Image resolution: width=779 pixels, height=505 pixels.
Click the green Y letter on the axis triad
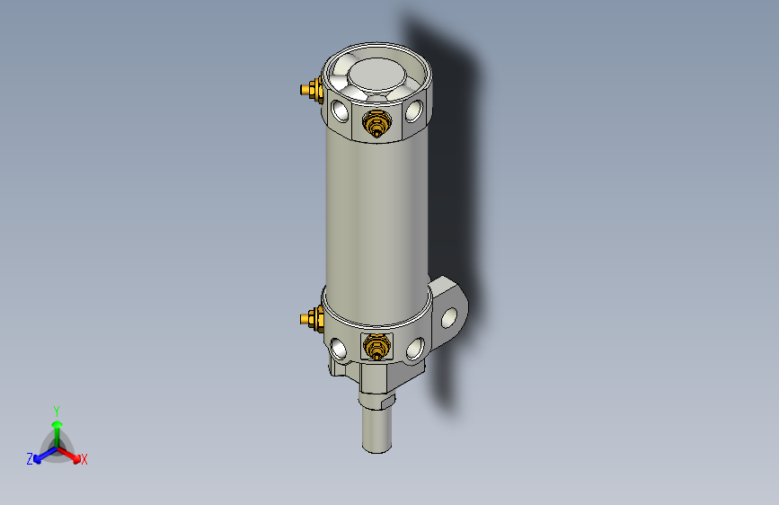click(x=57, y=410)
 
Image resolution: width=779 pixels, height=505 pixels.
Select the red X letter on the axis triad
click(x=84, y=459)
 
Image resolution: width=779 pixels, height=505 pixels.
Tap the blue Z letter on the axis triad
click(x=30, y=458)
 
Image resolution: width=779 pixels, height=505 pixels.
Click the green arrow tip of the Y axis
click(x=57, y=423)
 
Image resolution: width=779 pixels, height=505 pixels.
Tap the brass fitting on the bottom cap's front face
click(x=376, y=345)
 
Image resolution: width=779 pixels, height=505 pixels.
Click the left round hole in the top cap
click(x=340, y=111)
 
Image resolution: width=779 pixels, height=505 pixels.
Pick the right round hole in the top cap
click(x=414, y=111)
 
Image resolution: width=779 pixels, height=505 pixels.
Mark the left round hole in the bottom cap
click(x=339, y=348)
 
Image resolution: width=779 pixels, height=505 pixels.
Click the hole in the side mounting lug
click(x=450, y=315)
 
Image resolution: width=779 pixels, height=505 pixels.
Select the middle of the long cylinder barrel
click(x=376, y=216)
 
